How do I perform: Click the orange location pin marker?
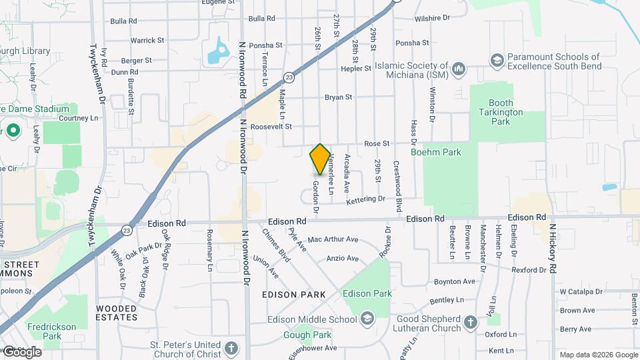[x=320, y=159]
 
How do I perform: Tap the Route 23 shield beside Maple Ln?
[x=287, y=77]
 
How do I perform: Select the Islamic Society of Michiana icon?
[x=458, y=68]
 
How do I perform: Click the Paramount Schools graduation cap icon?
[x=497, y=61]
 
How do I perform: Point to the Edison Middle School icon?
[x=366, y=319]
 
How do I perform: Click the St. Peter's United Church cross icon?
[x=231, y=349]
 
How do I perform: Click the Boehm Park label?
[x=442, y=152]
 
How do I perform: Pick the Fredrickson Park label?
[x=43, y=331]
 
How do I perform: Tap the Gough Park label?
[x=307, y=335]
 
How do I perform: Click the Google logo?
[x=21, y=351]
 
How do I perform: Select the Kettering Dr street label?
[x=365, y=199]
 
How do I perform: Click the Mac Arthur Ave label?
[x=333, y=239]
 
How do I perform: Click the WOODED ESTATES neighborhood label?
[x=117, y=313]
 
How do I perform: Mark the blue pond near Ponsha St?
[x=219, y=51]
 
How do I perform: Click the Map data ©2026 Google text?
[x=598, y=354]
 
